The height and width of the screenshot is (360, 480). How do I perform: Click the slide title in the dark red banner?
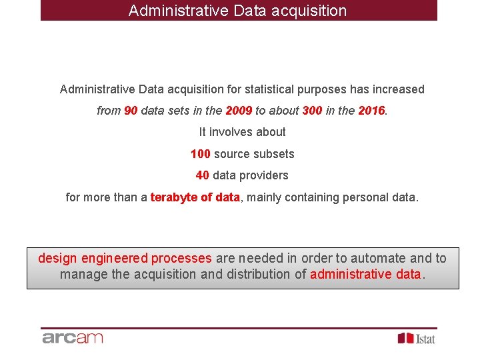(238, 11)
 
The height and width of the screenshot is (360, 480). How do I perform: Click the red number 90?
(131, 111)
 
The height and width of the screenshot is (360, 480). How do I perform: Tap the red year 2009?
(239, 111)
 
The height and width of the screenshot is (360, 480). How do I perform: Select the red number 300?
(312, 111)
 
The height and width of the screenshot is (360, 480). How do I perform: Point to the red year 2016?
(371, 111)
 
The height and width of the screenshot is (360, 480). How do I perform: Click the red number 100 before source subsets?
(201, 154)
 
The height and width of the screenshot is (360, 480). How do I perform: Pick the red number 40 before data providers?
(203, 175)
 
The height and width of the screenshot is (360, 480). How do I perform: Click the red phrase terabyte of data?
(195, 197)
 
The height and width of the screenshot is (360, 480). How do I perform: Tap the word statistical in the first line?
(269, 89)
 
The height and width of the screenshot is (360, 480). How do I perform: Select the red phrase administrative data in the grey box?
(365, 274)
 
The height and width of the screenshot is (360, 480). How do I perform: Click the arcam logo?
(73, 337)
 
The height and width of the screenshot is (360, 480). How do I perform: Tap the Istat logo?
(417, 338)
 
